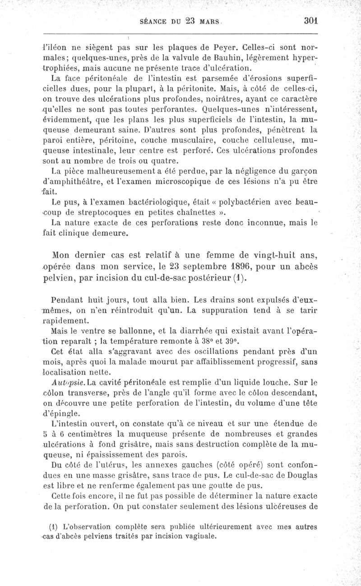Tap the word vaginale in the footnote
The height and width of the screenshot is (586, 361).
tap(200, 537)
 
